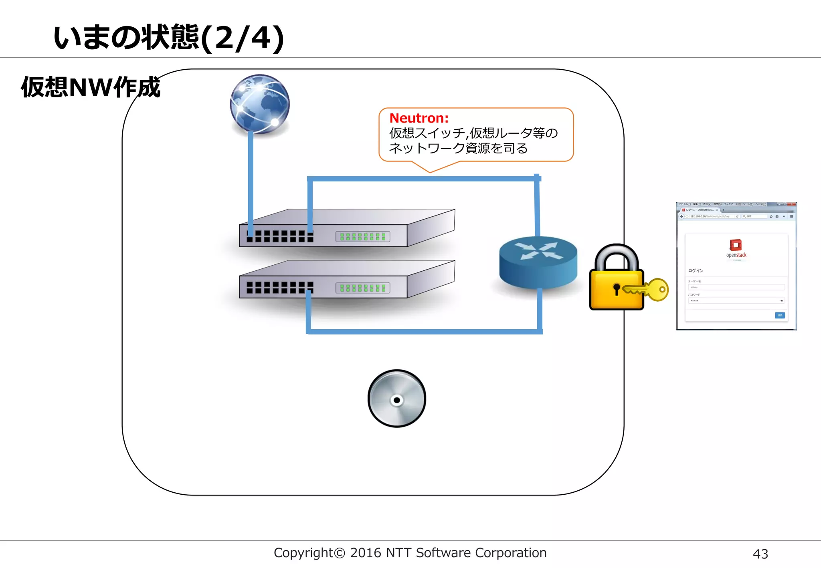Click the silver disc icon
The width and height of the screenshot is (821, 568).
pyautogui.click(x=396, y=399)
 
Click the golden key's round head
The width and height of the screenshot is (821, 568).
pyautogui.click(x=659, y=289)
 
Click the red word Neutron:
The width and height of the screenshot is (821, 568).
pyautogui.click(x=419, y=118)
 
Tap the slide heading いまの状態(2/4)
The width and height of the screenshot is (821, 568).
pyautogui.click(x=168, y=38)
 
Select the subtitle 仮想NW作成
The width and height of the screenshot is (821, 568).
pyautogui.click(x=91, y=87)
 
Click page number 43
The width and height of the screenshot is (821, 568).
pyautogui.click(x=760, y=554)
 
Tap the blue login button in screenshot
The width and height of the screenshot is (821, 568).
pyautogui.click(x=779, y=315)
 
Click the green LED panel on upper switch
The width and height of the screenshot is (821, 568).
pyautogui.click(x=362, y=237)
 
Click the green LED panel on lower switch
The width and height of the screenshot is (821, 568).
pyautogui.click(x=362, y=288)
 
